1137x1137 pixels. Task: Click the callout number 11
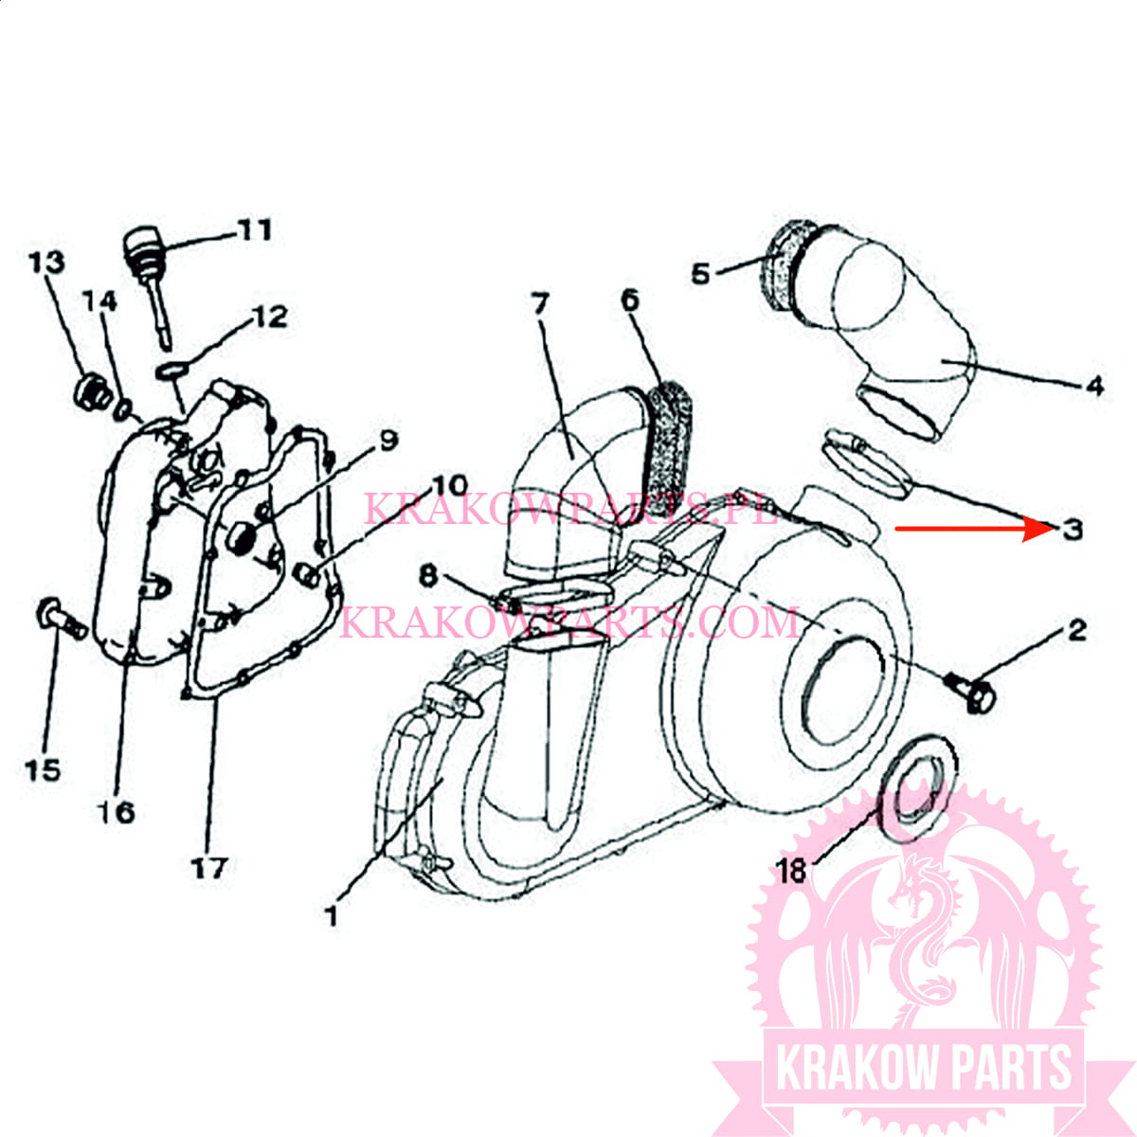tap(253, 229)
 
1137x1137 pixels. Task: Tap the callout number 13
tap(45, 262)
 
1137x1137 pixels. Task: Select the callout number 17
tap(208, 867)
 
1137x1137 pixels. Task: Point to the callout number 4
tap(1094, 386)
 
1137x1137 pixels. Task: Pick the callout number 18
tap(791, 869)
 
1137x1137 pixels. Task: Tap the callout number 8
tap(428, 574)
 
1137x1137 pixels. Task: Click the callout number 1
tap(331, 915)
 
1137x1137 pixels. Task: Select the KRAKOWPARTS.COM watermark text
tap(568, 623)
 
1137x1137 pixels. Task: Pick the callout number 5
tap(700, 274)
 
